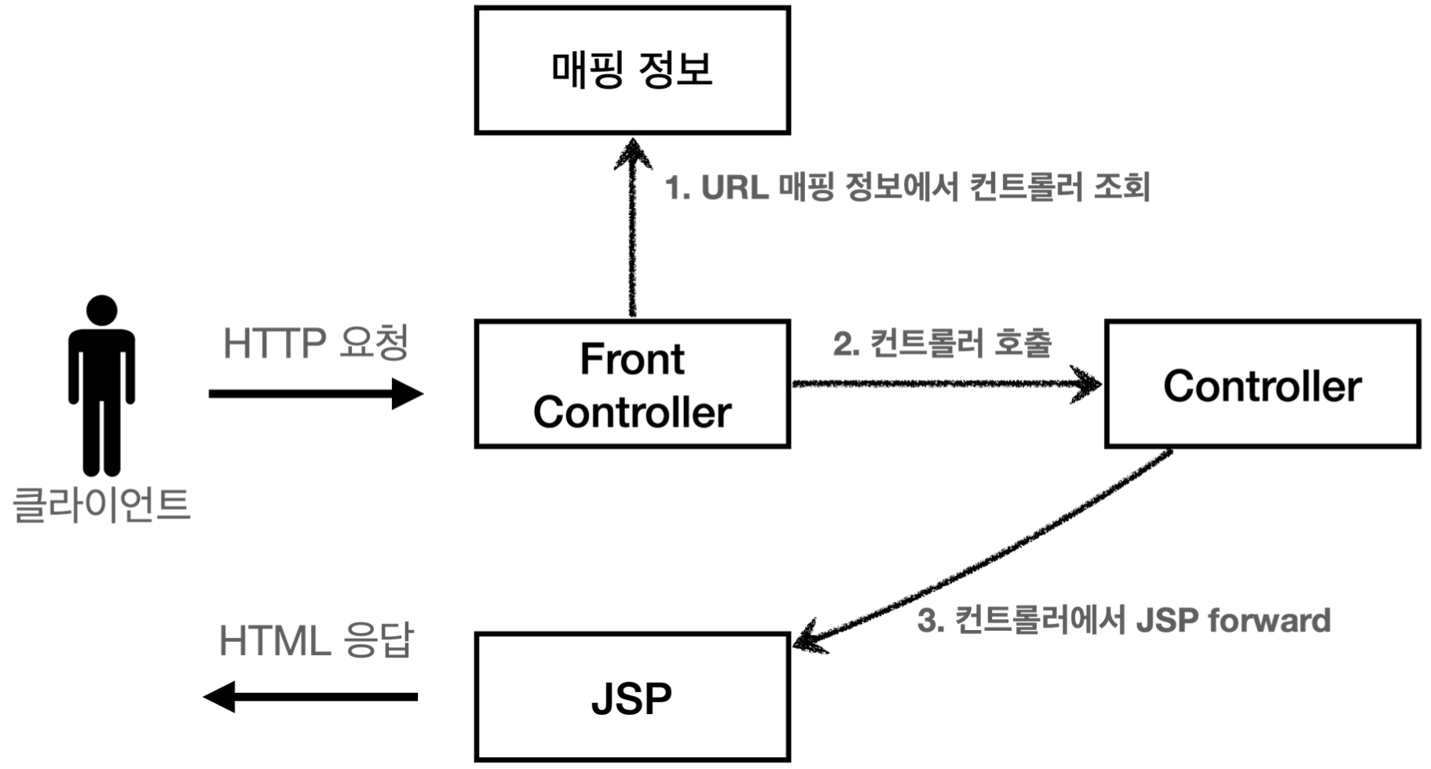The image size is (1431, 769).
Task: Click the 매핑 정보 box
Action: (632, 71)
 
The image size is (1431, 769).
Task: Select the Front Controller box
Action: (632, 384)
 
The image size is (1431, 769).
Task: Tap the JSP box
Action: (632, 697)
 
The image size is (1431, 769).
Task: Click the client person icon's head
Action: (102, 310)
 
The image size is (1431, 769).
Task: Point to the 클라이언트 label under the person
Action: (102, 504)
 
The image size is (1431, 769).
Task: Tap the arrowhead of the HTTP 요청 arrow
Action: (408, 393)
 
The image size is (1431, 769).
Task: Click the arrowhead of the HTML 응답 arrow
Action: (220, 696)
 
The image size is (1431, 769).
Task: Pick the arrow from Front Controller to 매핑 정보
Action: (632, 235)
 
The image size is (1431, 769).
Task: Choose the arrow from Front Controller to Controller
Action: (942, 384)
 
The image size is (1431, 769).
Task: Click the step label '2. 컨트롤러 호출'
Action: (942, 343)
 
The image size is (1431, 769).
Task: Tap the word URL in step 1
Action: (734, 188)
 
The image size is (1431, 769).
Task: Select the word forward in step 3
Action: (1269, 621)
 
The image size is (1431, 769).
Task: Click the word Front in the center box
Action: (632, 359)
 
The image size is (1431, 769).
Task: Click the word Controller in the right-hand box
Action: (1262, 386)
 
